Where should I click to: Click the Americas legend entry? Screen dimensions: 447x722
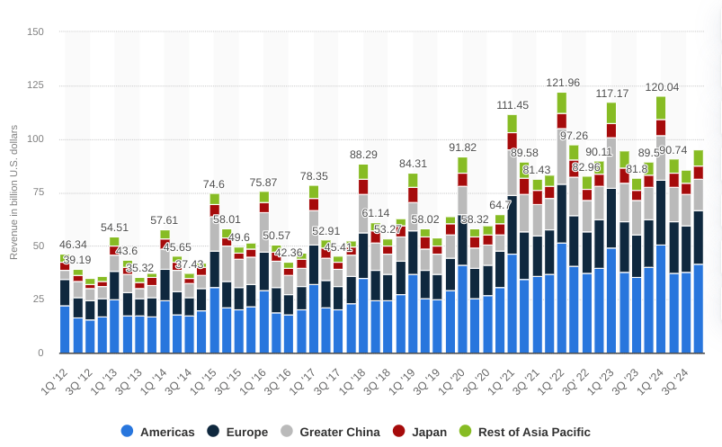pyautogui.click(x=158, y=432)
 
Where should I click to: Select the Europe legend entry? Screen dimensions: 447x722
pyautogui.click(x=237, y=432)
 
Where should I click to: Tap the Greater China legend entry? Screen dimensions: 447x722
pyautogui.click(x=331, y=432)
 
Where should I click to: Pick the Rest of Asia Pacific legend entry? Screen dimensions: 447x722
pyautogui.click(x=524, y=432)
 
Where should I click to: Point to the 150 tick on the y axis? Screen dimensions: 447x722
pyautogui.click(x=35, y=32)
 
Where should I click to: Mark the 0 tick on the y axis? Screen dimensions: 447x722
pyautogui.click(x=40, y=353)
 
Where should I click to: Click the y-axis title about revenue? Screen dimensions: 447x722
pyautogui.click(x=14, y=192)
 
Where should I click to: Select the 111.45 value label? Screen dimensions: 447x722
pyautogui.click(x=513, y=105)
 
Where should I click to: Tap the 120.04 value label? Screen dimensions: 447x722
pyautogui.click(x=661, y=87)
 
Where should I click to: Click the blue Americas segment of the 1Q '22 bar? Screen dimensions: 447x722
pyautogui.click(x=562, y=298)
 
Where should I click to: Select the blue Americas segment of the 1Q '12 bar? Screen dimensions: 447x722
pyautogui.click(x=65, y=329)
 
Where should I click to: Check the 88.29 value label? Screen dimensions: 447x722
pyautogui.click(x=363, y=155)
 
